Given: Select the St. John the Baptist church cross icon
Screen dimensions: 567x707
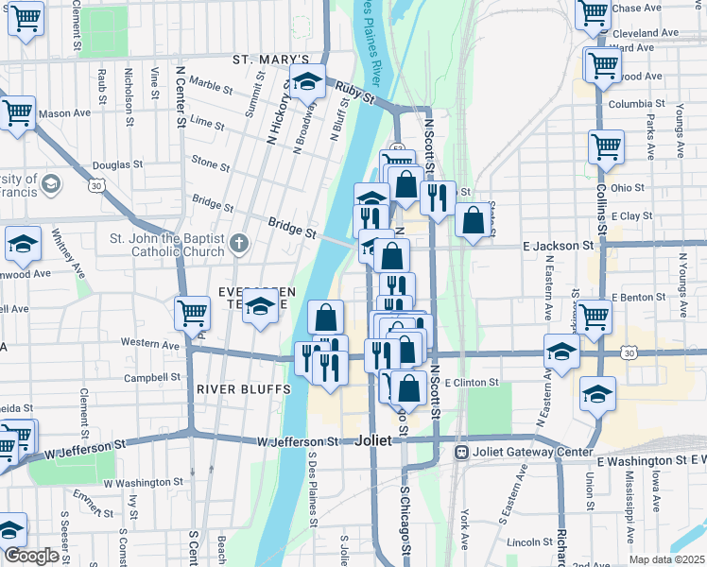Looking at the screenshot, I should [240, 245].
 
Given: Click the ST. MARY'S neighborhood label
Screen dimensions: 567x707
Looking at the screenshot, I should [271, 60].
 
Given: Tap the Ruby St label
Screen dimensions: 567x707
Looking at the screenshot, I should [355, 93].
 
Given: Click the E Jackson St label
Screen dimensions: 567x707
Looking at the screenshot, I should [558, 246].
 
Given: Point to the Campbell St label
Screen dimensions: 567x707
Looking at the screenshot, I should [146, 377].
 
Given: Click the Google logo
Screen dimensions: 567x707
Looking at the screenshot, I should [31, 555].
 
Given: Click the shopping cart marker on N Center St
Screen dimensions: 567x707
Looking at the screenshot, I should [192, 312].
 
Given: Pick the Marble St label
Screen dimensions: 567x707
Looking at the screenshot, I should [210, 89].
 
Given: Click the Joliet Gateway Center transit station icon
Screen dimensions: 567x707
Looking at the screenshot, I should [461, 452].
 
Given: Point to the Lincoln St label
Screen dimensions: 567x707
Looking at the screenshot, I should [529, 542].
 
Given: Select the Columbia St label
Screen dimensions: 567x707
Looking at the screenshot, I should [631, 104].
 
